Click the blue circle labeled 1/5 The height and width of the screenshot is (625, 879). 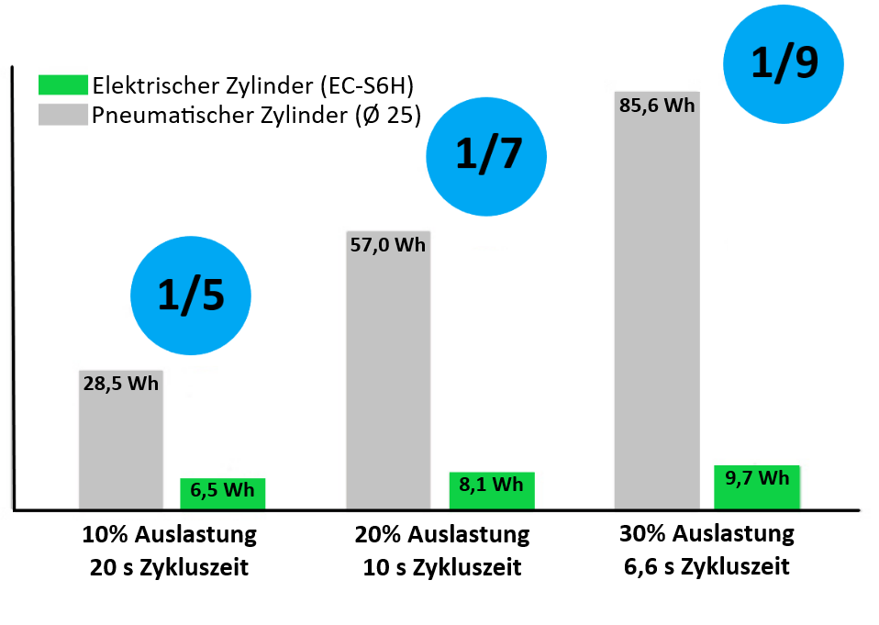click(x=190, y=296)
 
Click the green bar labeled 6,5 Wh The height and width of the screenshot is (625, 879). click(x=222, y=492)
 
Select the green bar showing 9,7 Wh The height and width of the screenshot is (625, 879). click(x=757, y=485)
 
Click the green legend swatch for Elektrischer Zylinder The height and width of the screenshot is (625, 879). click(x=62, y=86)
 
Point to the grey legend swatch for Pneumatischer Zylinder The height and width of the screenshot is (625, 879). click(x=62, y=115)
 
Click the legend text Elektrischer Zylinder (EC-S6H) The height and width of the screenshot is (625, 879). click(x=253, y=86)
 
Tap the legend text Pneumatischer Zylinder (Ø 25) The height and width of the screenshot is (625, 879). click(x=256, y=116)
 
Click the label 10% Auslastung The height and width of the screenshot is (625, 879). click(x=170, y=534)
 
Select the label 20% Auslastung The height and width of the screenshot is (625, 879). click(x=442, y=534)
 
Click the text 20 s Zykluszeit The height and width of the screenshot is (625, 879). click(x=170, y=567)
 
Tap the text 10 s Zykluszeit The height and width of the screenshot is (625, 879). click(x=442, y=567)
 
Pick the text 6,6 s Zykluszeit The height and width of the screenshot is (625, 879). click(x=707, y=566)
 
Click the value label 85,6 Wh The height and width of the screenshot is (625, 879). click(x=657, y=105)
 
